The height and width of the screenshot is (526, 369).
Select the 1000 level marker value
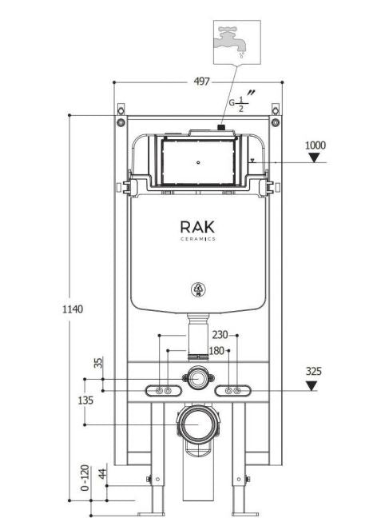(x=316, y=145)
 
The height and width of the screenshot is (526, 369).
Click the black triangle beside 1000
(x=316, y=157)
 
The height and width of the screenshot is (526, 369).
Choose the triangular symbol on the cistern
(x=196, y=289)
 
